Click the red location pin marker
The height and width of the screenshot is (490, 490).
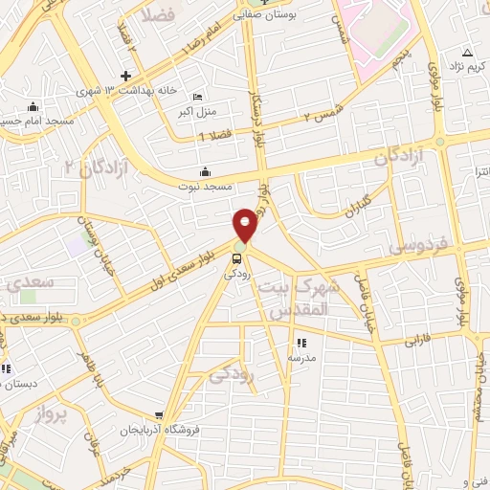[x=246, y=225]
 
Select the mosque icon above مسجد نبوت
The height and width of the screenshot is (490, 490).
[x=205, y=173]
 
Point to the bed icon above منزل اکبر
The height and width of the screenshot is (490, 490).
[x=197, y=98]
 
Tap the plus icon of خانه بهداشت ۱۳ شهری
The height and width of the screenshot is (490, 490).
[x=125, y=76]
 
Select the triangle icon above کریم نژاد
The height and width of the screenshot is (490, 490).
[x=467, y=52]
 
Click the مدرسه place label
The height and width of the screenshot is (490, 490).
[x=302, y=357]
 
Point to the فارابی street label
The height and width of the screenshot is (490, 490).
[x=418, y=339]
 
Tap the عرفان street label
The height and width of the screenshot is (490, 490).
[x=90, y=443]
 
